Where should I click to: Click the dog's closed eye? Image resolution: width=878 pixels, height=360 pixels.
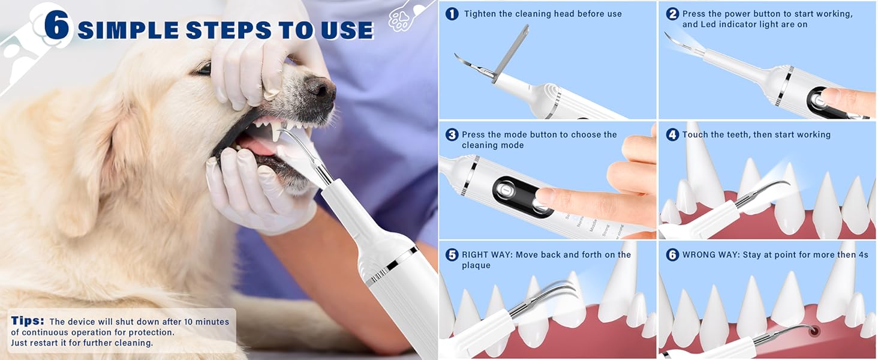tap(203, 70)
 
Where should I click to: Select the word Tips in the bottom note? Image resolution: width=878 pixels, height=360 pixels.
tap(28, 322)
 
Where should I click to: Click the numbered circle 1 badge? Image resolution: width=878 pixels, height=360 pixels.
tap(452, 14)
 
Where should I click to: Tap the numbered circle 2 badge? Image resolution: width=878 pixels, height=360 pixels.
tap(672, 14)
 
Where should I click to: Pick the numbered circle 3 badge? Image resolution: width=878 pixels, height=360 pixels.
tap(452, 135)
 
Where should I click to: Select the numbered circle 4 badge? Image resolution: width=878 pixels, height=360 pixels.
tap(672, 135)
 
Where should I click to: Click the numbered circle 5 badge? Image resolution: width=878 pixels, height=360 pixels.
tap(452, 255)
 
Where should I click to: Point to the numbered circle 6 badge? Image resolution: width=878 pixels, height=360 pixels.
tap(672, 255)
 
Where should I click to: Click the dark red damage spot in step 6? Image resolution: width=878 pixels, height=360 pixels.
tap(813, 329)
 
